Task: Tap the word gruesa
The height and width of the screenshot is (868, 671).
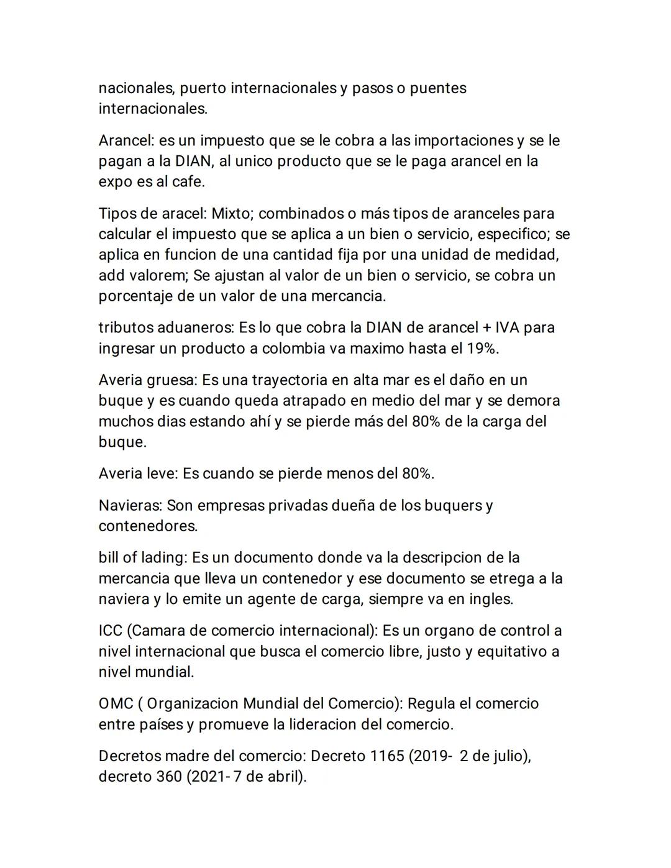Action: coord(173,380)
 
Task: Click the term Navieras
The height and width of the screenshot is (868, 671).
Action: coord(130,505)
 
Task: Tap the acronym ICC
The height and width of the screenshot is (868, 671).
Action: coord(111,631)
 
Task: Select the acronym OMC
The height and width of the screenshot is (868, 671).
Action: coord(116,703)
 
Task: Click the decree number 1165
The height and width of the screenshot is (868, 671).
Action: coord(386,756)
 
